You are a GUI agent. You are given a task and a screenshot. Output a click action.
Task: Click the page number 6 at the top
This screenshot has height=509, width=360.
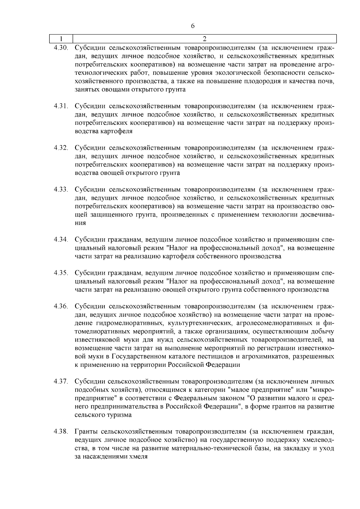point(193,26)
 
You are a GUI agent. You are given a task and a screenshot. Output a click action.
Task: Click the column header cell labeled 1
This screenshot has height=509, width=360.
point(61,39)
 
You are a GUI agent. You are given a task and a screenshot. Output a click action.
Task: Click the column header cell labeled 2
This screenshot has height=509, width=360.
point(205,39)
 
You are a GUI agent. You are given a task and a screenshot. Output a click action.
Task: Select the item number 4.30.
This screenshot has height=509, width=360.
point(61,48)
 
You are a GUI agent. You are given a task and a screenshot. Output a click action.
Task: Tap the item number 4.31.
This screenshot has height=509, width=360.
point(61,106)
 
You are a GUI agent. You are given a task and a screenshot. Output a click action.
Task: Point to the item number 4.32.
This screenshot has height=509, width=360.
point(61,148)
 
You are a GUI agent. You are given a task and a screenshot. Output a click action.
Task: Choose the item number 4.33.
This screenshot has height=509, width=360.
point(61,190)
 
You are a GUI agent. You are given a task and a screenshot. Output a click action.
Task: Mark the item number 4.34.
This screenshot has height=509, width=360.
point(61,240)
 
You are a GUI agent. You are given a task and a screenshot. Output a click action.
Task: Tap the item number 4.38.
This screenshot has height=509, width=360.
point(61,432)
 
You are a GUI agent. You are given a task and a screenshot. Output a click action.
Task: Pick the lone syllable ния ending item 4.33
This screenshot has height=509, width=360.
point(80,223)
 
